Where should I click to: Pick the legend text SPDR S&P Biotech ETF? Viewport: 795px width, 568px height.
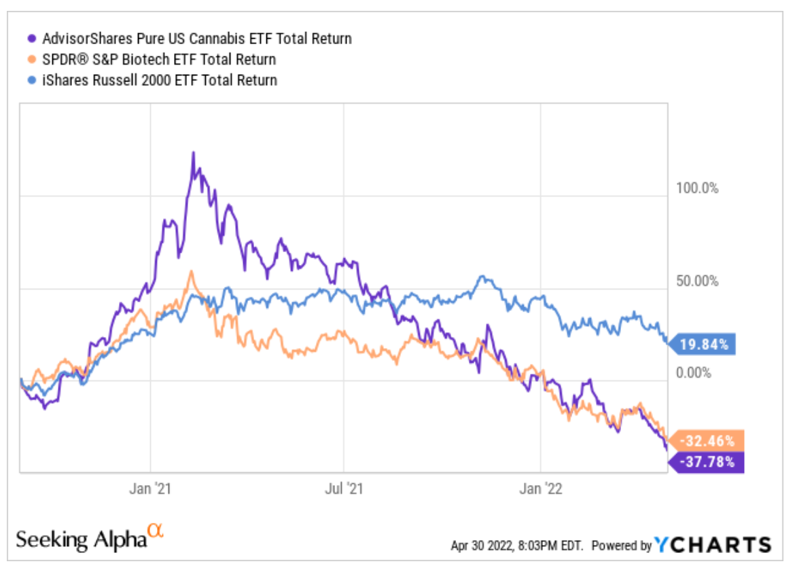point(157,60)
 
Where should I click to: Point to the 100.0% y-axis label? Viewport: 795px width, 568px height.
point(696,188)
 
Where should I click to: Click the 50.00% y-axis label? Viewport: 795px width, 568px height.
point(696,281)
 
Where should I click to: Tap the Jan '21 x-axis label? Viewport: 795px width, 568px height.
point(149,489)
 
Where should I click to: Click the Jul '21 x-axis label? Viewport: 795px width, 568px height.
point(344,489)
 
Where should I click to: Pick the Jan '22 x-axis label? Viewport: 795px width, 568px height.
point(540,489)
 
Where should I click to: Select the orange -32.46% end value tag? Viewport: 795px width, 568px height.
point(707,441)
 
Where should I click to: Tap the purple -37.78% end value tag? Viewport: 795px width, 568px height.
point(707,463)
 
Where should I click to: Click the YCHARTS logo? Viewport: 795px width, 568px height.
point(713,545)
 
